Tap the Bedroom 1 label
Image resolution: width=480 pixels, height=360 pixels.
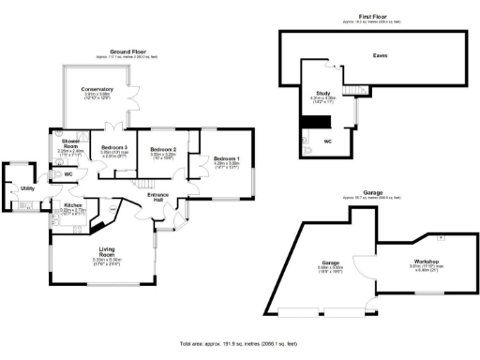[x=226, y=158]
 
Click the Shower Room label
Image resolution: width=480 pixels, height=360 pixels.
[x=71, y=142]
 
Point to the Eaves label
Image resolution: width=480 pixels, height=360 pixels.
[x=379, y=55]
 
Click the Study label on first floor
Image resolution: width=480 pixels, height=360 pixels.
[x=322, y=93]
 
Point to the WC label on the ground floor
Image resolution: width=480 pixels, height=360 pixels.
[x=68, y=174]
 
